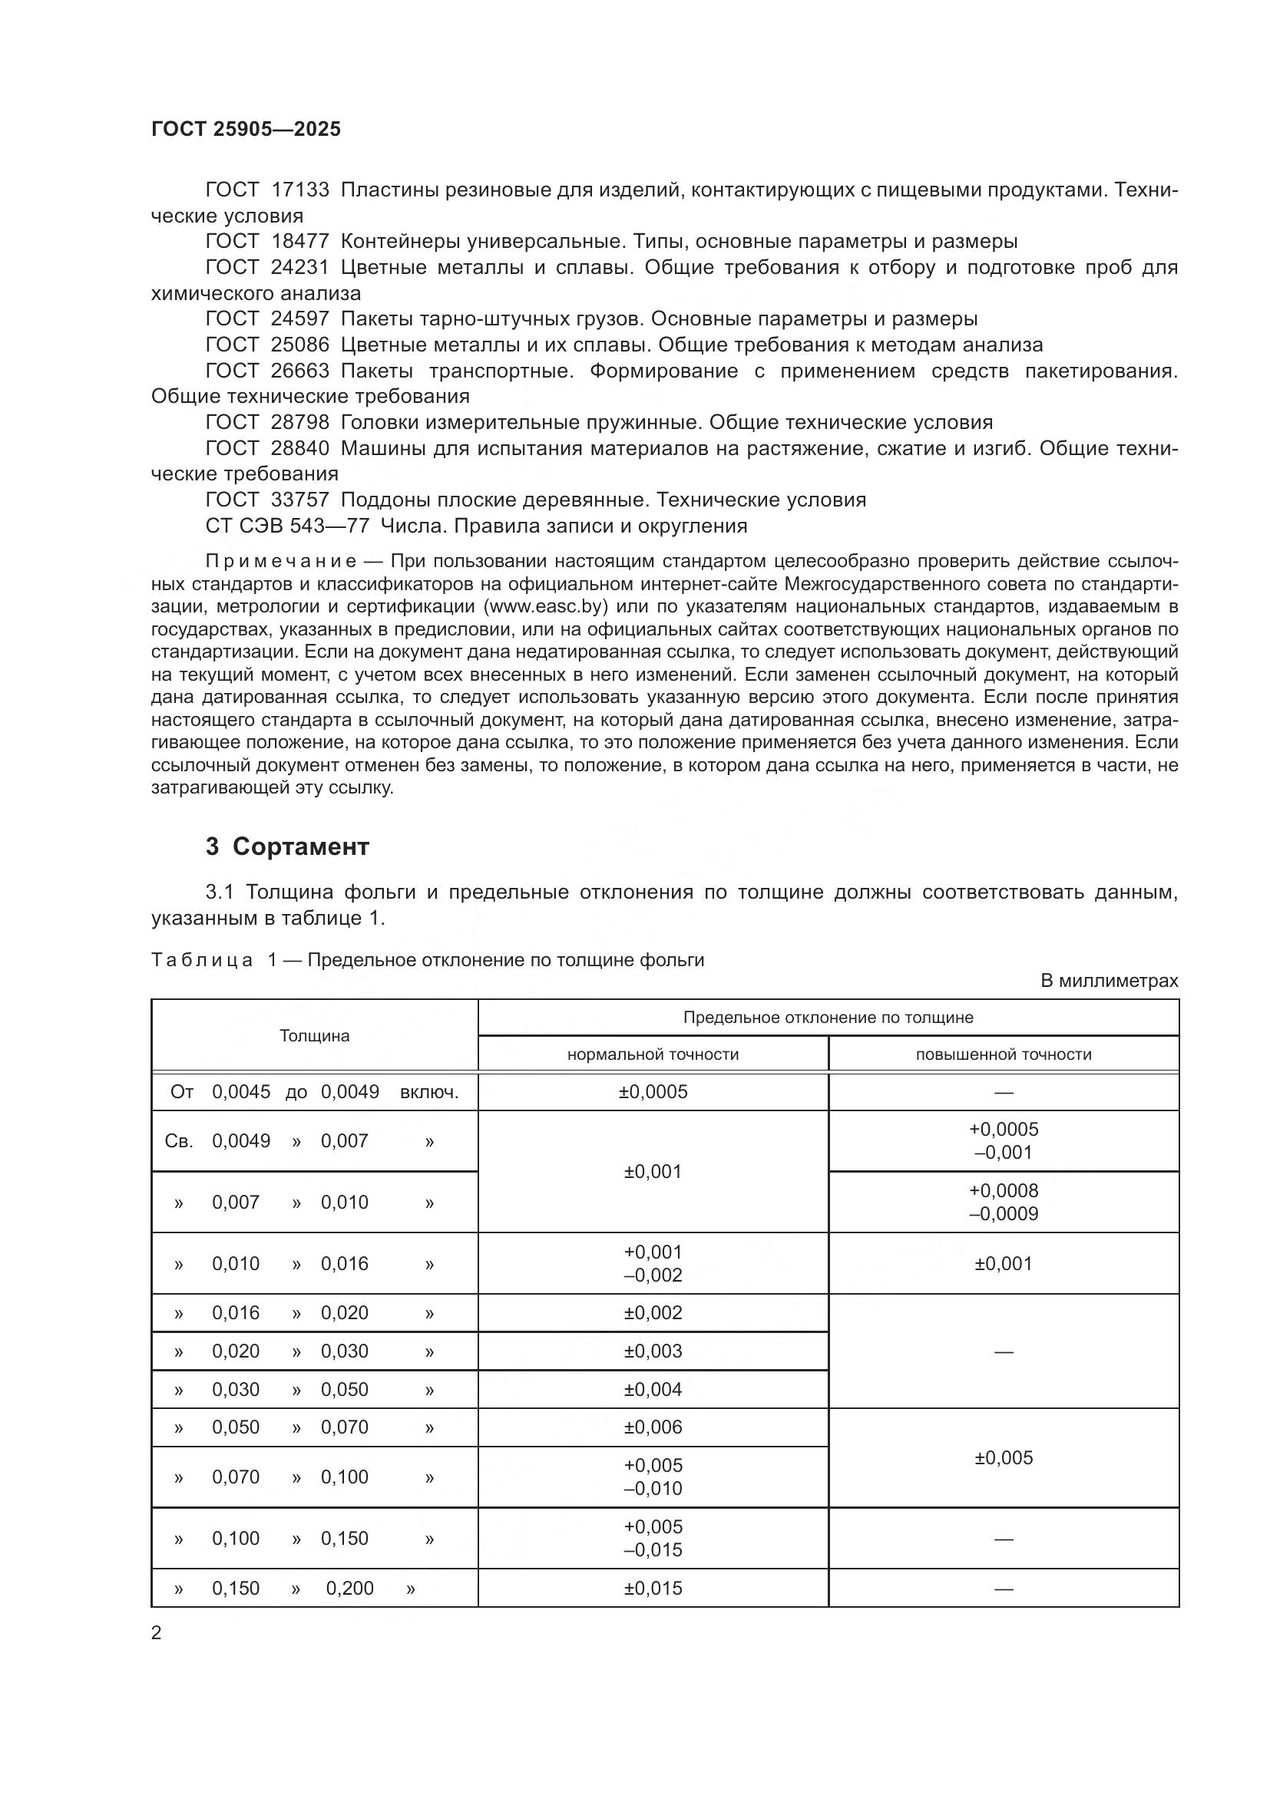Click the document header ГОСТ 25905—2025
[x=246, y=129]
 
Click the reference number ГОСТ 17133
[x=266, y=190]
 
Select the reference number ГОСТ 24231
[x=266, y=267]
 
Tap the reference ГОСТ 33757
[x=266, y=500]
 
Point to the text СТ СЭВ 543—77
[x=286, y=526]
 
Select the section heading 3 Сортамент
[x=287, y=846]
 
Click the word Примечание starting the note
[x=281, y=561]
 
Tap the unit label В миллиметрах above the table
[x=1108, y=980]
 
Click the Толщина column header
[x=314, y=1036]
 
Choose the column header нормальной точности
[x=652, y=1054]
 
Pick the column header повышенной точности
[x=1004, y=1054]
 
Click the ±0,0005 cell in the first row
[x=652, y=1091]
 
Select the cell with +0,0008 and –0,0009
[x=1004, y=1203]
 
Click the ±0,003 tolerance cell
[x=652, y=1351]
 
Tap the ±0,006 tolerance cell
[x=652, y=1427]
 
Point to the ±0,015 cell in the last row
[x=652, y=1589]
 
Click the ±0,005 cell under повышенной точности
[x=1004, y=1458]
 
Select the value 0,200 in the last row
[x=349, y=1589]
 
